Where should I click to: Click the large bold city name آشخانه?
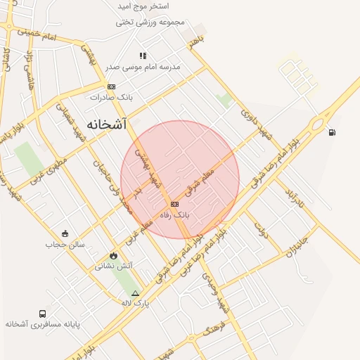point(108,124)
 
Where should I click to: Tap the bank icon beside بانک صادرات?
point(111,86)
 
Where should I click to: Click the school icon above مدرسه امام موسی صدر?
point(143,56)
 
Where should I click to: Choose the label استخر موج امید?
point(143,6)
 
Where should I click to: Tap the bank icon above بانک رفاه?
point(175,203)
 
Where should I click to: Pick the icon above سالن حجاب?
point(65,233)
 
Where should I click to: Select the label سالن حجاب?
point(65,245)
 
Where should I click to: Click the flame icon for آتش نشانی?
point(112,255)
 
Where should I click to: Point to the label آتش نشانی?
point(113,266)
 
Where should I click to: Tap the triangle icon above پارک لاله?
point(136,292)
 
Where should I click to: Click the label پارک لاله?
point(136,303)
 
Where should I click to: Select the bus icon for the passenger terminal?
point(43,314)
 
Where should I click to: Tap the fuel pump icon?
point(331,131)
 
